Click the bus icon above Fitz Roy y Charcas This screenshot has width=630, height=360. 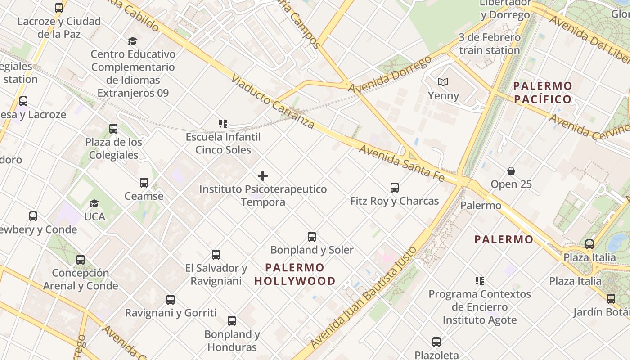pos(395,187)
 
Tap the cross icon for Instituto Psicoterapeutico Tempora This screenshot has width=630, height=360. pos(263,176)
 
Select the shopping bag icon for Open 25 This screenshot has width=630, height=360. pos(511,171)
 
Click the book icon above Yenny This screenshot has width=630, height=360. pos(443,82)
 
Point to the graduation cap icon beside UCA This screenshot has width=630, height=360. pos(94,204)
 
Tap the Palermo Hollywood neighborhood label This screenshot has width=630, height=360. pos(295,274)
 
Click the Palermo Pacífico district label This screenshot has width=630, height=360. pos(543,92)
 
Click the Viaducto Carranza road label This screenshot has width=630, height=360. pos(273,102)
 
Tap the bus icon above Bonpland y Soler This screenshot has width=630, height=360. pos(311,236)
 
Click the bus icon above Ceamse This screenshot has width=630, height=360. pos(144,183)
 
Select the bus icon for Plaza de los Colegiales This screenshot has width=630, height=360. pos(113,129)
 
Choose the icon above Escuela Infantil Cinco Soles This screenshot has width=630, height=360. pos(223,123)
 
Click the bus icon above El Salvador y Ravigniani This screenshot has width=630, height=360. pos(216,255)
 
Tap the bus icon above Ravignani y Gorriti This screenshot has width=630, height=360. pos(171,299)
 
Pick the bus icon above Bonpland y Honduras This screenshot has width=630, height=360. pos(232,321)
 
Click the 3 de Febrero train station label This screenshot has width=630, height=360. pos(490,44)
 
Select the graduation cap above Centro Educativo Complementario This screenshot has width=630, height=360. pos(132,41)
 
